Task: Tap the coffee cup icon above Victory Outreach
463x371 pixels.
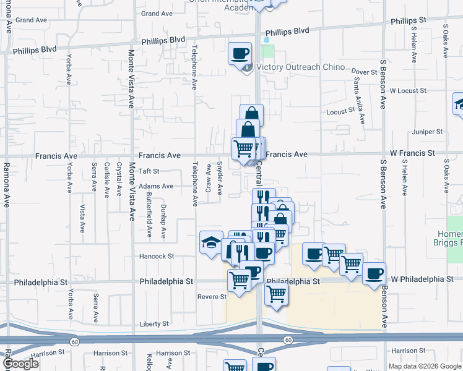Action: click(x=240, y=53)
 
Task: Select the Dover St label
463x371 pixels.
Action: click(x=365, y=72)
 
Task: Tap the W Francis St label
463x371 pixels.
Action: click(x=412, y=153)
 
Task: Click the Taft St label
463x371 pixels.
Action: click(x=149, y=171)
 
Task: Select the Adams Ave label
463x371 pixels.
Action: click(x=156, y=185)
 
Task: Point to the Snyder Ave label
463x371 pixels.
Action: click(x=220, y=176)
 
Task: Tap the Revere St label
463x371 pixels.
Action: click(x=212, y=297)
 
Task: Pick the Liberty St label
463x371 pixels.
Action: click(x=155, y=324)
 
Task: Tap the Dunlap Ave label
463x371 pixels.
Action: click(x=163, y=221)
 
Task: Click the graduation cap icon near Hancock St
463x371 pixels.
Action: click(x=211, y=242)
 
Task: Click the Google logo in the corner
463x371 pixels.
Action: click(x=21, y=364)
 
